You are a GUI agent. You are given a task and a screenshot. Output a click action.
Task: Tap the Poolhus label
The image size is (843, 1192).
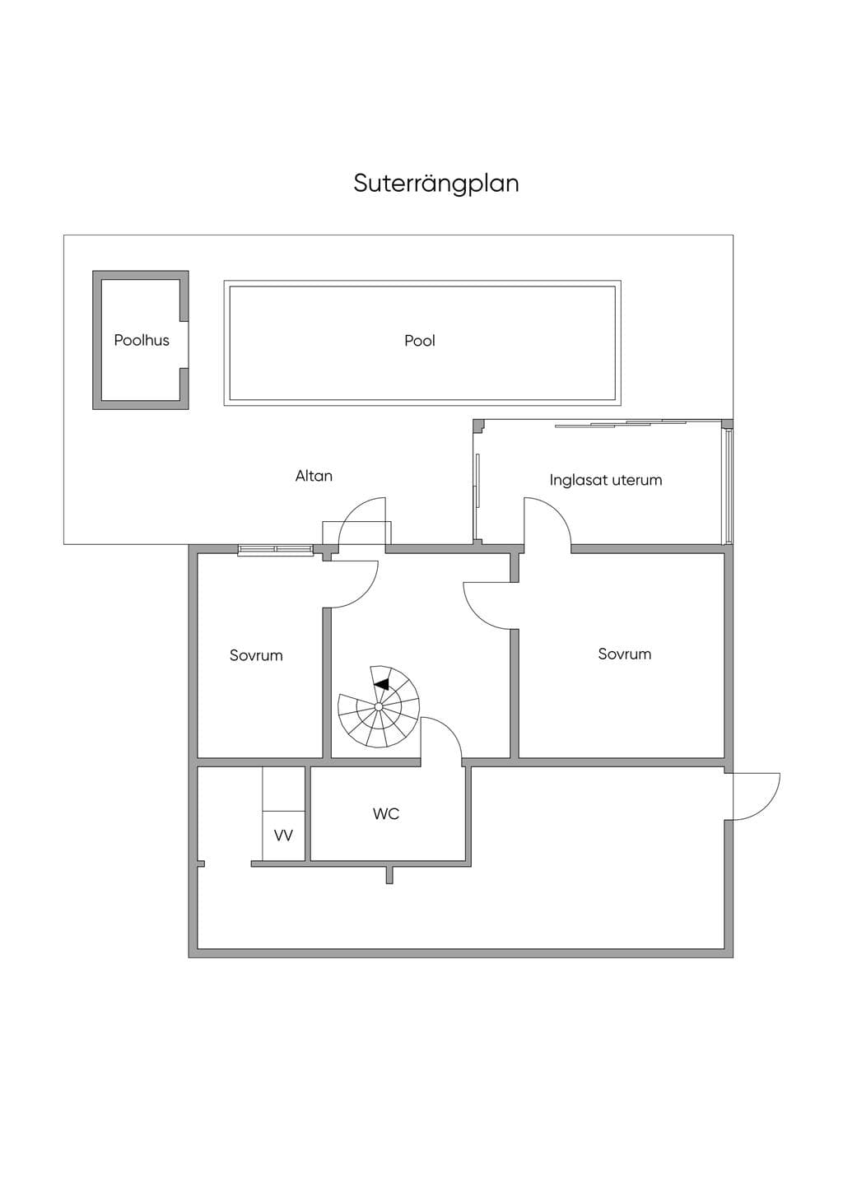pyautogui.click(x=142, y=341)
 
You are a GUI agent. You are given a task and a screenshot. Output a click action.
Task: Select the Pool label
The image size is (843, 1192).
pyautogui.click(x=420, y=341)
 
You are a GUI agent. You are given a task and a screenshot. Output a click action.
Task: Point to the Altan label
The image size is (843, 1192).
pyautogui.click(x=314, y=476)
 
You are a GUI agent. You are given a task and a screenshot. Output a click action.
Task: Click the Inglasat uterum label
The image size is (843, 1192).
pyautogui.click(x=606, y=480)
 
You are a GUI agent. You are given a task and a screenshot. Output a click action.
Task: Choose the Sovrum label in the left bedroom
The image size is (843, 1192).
pyautogui.click(x=256, y=655)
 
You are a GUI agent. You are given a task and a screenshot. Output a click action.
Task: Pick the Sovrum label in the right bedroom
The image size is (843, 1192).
pyautogui.click(x=625, y=654)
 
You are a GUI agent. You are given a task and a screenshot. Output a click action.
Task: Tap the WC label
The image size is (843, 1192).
pyautogui.click(x=386, y=813)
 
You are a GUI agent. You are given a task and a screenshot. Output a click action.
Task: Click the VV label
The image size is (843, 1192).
pyautogui.click(x=283, y=836)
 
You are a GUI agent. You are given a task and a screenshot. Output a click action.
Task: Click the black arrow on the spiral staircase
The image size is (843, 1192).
pyautogui.click(x=382, y=684)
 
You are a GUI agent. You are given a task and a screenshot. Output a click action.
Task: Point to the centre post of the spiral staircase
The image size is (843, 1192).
pyautogui.click(x=378, y=706)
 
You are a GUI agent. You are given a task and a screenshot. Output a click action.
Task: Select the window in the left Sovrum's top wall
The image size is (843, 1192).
pyautogui.click(x=275, y=549)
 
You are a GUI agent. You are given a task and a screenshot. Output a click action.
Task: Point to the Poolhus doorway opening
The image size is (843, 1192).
pyautogui.click(x=184, y=345)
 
